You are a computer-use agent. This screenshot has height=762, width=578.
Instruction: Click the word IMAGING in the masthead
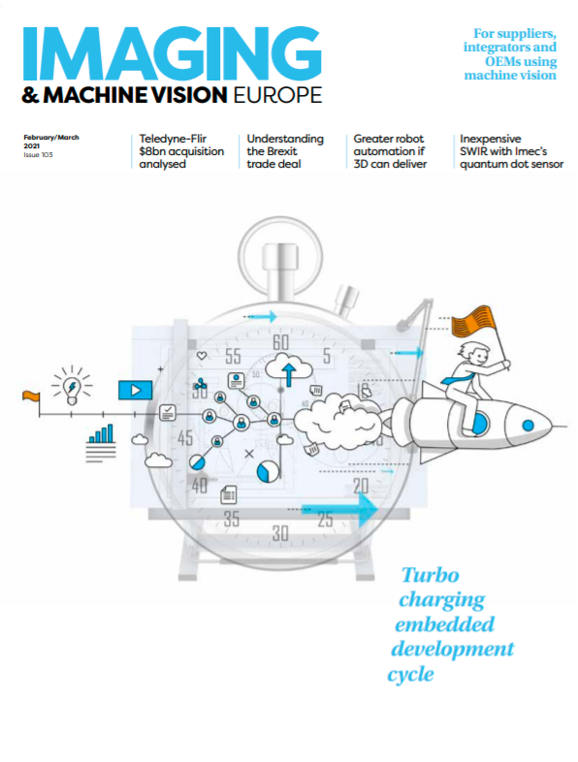pyautogui.click(x=172, y=53)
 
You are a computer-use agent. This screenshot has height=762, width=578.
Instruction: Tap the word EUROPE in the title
pyautogui.click(x=277, y=95)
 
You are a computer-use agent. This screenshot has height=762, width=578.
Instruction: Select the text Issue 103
pyautogui.click(x=38, y=155)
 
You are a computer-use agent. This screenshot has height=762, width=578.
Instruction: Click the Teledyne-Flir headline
pyautogui.click(x=181, y=151)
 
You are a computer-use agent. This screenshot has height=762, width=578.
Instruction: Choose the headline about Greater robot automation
pyautogui.click(x=390, y=151)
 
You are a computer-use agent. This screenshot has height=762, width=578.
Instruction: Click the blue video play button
pyautogui.click(x=135, y=391)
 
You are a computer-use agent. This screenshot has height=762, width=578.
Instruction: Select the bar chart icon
pyautogui.click(x=101, y=433)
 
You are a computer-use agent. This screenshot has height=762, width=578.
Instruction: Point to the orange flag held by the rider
pyautogui.click(x=473, y=321)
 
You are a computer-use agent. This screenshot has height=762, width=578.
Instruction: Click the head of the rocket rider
pyautogui.click(x=475, y=356)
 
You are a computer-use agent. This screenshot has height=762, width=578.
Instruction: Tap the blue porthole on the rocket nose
pyautogui.click(x=528, y=426)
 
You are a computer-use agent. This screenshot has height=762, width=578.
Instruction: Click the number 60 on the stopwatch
pyautogui.click(x=280, y=342)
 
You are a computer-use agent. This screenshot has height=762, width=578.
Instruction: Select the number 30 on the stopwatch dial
pyautogui.click(x=280, y=533)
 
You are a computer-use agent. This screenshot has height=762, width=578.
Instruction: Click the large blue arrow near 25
pyautogui.click(x=339, y=510)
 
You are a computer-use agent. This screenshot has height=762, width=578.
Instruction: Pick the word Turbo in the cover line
pyautogui.click(x=430, y=576)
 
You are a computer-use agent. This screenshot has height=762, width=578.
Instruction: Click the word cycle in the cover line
pyautogui.click(x=411, y=675)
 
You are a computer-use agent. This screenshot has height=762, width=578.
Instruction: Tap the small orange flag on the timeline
pyautogui.click(x=31, y=397)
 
